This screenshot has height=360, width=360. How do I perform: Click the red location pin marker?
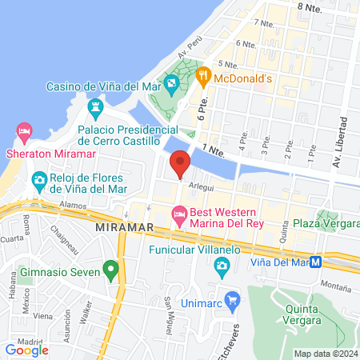(x=180, y=163)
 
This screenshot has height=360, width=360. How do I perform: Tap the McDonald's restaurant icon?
(x=204, y=78)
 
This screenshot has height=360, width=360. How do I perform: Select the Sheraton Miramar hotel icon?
(x=24, y=130)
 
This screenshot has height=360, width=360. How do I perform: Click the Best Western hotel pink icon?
(x=178, y=213)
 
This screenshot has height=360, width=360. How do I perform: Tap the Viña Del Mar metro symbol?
(x=316, y=262)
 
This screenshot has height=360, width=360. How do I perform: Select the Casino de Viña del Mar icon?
(x=171, y=82)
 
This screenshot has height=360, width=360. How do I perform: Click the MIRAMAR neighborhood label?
(x=118, y=228)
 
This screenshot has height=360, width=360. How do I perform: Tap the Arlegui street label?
(x=202, y=183)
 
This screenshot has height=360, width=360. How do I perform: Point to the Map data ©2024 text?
(x=325, y=354)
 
